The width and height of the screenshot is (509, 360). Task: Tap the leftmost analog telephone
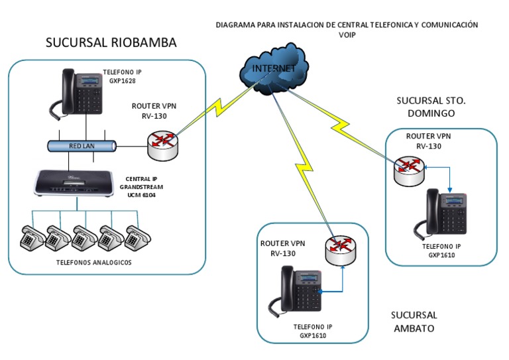[31, 237]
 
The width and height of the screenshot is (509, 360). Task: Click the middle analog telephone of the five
[84, 237]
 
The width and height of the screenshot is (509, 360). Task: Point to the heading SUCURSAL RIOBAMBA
[111, 43]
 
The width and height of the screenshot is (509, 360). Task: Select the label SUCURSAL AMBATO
[414, 322]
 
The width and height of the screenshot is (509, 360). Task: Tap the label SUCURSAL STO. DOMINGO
[431, 107]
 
